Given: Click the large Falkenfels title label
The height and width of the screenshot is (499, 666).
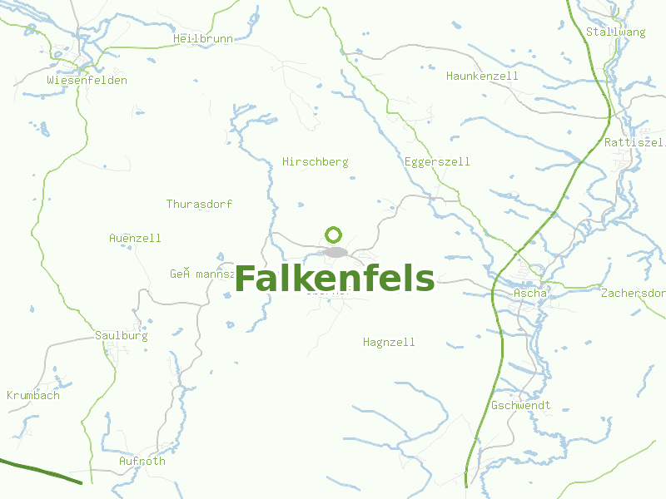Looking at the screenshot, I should click(x=334, y=279).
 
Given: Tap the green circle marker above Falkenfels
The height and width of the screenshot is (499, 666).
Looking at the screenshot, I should click(x=334, y=235).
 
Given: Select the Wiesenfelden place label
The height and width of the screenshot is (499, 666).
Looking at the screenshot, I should click(x=87, y=81).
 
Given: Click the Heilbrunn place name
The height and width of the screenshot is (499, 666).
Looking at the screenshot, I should click(x=202, y=39).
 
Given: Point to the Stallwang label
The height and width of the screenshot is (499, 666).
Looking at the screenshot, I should click(x=615, y=32).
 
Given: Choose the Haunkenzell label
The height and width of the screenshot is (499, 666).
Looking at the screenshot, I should click(x=482, y=77).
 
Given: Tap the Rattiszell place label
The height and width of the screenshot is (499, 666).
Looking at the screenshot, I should click(x=634, y=143).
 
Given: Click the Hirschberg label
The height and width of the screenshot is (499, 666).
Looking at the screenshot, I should click(x=315, y=162).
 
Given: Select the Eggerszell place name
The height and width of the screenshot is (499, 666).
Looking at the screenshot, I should click(x=436, y=162).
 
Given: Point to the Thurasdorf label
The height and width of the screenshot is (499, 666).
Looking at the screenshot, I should click(x=199, y=205).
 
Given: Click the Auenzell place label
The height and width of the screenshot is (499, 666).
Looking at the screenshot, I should click(x=135, y=239).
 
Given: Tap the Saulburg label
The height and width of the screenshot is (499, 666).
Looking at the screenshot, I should click(x=121, y=336).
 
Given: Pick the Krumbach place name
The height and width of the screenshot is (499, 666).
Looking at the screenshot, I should click(x=33, y=396).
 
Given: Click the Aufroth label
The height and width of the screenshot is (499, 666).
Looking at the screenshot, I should click(x=142, y=462).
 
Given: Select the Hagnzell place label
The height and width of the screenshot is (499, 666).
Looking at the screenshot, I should click(x=389, y=343).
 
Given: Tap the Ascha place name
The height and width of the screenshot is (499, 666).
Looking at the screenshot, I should click(x=530, y=294).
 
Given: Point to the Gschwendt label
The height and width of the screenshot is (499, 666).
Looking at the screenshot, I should click(x=520, y=406).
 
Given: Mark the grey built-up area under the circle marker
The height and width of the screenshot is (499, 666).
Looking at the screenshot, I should click(x=335, y=252).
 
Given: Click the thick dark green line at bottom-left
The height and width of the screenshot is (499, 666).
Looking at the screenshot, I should click(x=42, y=471).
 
